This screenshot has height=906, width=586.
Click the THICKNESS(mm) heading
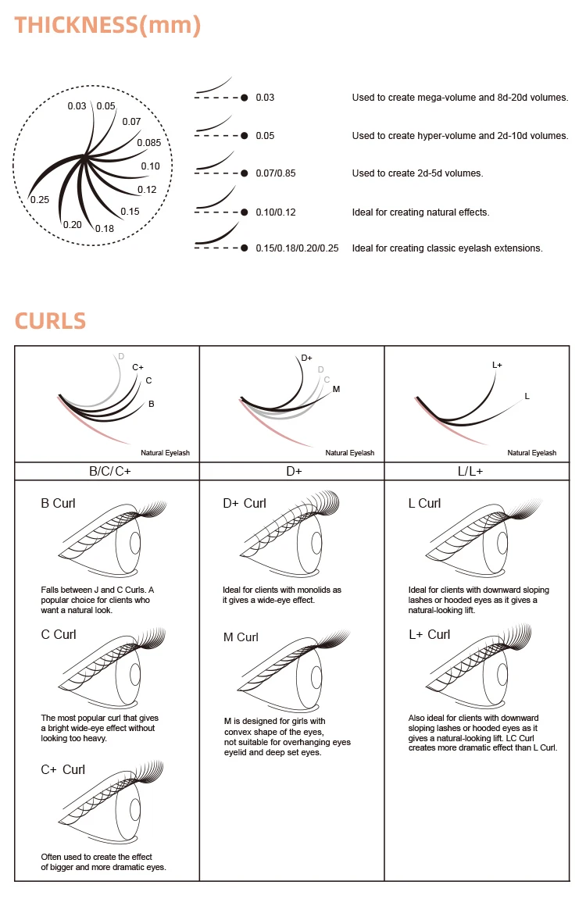coord(108,26)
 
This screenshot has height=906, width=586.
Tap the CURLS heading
coord(50,321)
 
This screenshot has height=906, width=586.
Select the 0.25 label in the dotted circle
coord(40,200)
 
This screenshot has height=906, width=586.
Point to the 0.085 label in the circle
coord(149,143)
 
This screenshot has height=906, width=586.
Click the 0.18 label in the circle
coord(105,229)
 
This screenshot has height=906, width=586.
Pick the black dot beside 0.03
coord(245,98)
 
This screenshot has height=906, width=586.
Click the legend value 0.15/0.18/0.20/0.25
coord(297,248)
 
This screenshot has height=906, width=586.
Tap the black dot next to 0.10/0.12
coord(245,212)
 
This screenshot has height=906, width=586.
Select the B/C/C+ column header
coord(110,472)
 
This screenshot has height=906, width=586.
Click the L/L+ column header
coord(470,472)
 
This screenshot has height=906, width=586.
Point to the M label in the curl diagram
coord(336,390)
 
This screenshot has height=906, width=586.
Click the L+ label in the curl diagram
coord(497,366)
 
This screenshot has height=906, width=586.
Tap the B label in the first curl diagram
coord(152,404)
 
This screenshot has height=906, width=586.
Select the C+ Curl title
coord(63,769)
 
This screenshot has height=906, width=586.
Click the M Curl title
coord(241,637)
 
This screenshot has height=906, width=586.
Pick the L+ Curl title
coord(430,634)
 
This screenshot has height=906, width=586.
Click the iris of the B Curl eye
coord(136,543)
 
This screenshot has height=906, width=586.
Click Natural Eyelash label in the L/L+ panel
coord(531,453)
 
